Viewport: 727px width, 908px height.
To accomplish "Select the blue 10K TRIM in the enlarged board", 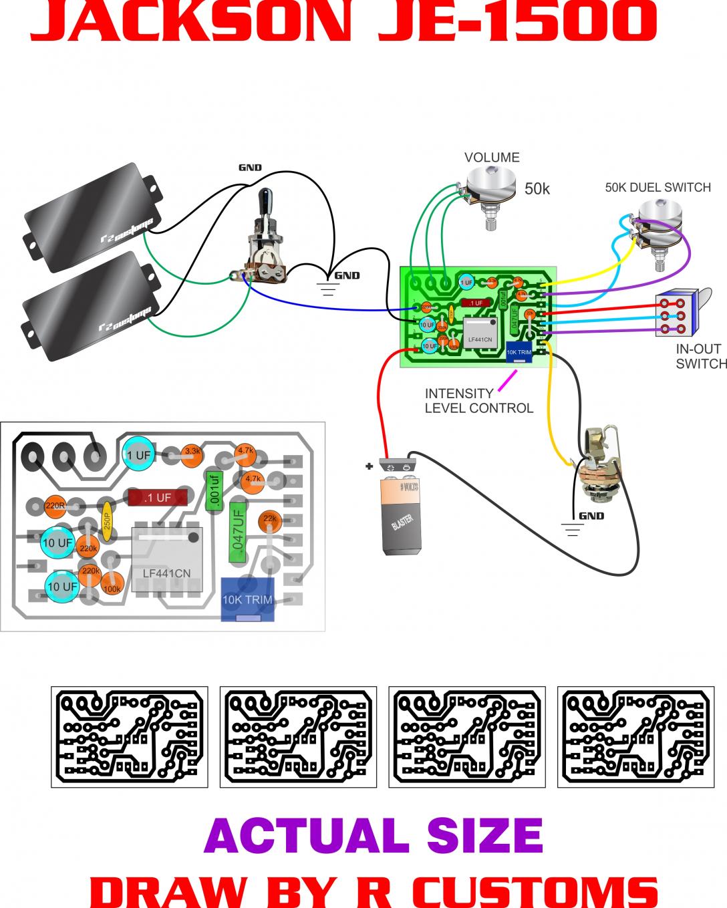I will pyautogui.click(x=248, y=599).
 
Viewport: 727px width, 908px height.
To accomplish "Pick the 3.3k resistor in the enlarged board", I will pyautogui.click(x=192, y=452).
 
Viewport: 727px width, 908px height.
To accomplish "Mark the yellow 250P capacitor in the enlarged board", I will pyautogui.click(x=106, y=518).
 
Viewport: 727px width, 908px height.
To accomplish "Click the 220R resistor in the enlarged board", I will pyautogui.click(x=55, y=506).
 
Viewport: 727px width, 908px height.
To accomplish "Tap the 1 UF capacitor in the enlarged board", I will pyautogui.click(x=139, y=455).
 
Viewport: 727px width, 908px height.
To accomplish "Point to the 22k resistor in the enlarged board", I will pyautogui.click(x=270, y=518).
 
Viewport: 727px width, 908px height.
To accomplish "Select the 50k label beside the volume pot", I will pyautogui.click(x=537, y=189).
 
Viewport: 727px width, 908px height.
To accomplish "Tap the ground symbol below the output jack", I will pyautogui.click(x=572, y=529).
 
